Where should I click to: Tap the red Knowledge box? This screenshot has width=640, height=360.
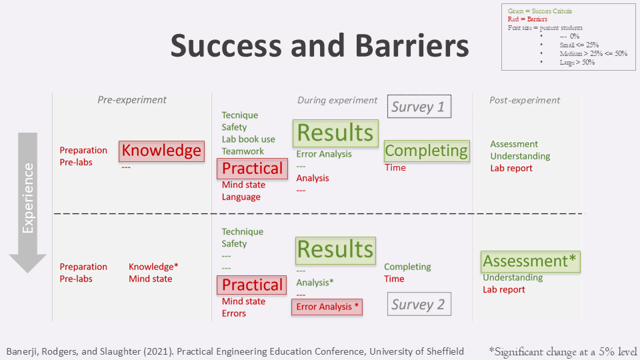pyautogui.click(x=161, y=151)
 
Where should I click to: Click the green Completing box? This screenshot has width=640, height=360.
pyautogui.click(x=427, y=151)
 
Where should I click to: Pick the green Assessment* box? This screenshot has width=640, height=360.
pyautogui.click(x=530, y=261)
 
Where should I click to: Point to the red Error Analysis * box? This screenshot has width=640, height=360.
pyautogui.click(x=327, y=307)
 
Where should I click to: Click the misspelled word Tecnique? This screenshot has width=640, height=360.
pyautogui.click(x=240, y=115)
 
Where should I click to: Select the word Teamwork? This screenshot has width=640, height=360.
pyautogui.click(x=243, y=151)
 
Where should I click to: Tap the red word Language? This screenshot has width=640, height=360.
pyautogui.click(x=241, y=197)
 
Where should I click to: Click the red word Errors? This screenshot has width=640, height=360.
pyautogui.click(x=234, y=313)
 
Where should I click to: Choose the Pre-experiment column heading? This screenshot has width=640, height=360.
pyautogui.click(x=132, y=100)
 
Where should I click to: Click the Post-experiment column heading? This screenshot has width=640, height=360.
pyautogui.click(x=525, y=101)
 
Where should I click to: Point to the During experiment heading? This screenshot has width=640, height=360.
pyautogui.click(x=337, y=101)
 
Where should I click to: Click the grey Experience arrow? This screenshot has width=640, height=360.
pyautogui.click(x=28, y=203)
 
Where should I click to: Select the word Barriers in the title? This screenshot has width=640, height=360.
pyautogui.click(x=412, y=46)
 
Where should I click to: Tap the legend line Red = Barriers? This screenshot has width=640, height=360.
pyautogui.click(x=527, y=19)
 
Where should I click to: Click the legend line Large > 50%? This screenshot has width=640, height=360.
pyautogui.click(x=577, y=63)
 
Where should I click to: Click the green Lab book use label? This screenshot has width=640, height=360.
pyautogui.click(x=249, y=139)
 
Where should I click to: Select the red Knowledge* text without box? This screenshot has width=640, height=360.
pyautogui.click(x=153, y=267)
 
